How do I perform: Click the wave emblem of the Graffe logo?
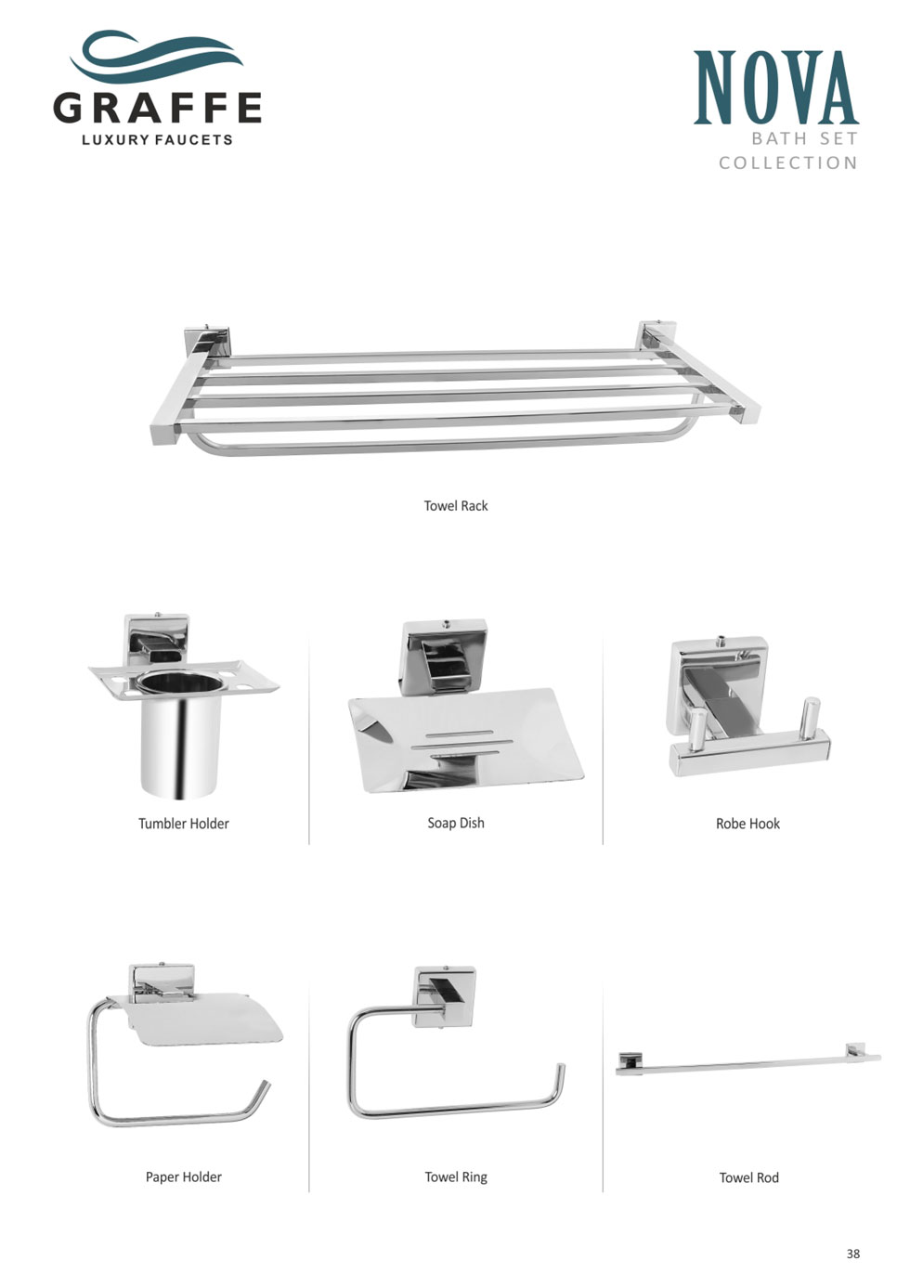click(x=157, y=57)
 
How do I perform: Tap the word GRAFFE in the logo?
click(x=158, y=108)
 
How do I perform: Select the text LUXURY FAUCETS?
click(x=158, y=139)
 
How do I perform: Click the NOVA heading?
click(x=775, y=88)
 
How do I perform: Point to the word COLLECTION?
click(x=788, y=163)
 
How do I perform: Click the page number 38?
click(x=853, y=1254)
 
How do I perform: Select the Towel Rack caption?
click(x=456, y=505)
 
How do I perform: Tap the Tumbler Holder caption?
click(x=183, y=824)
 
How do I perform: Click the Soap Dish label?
click(x=456, y=823)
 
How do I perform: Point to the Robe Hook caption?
click(x=747, y=824)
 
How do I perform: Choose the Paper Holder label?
click(x=183, y=1177)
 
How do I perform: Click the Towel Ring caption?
click(x=456, y=1177)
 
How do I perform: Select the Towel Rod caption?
click(x=748, y=1177)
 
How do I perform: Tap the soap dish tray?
click(x=465, y=742)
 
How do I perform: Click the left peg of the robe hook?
click(x=698, y=731)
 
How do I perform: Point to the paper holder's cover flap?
click(x=204, y=1018)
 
